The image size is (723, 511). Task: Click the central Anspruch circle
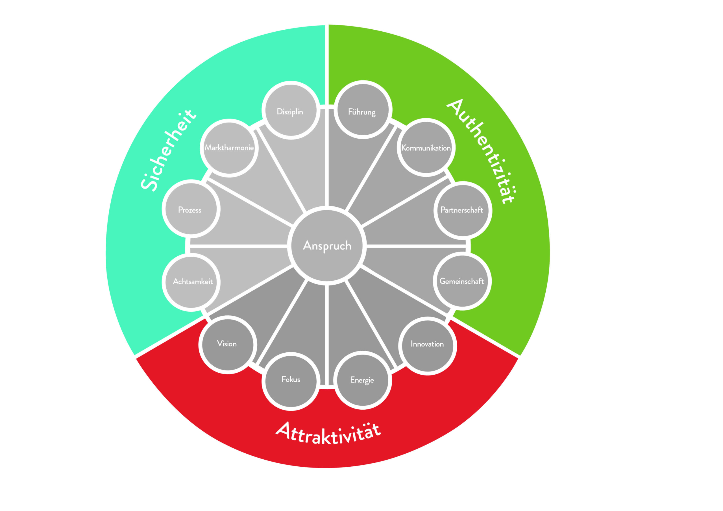[x=327, y=246]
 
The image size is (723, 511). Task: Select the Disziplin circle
[x=291, y=110]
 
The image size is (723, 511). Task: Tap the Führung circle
[x=363, y=110]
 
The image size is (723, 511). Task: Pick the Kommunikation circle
[x=426, y=147]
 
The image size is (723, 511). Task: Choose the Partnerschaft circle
[x=463, y=210]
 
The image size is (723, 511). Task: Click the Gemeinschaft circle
[x=462, y=281]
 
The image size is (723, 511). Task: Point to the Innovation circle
[x=427, y=346]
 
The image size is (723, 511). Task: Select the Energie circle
[x=363, y=380]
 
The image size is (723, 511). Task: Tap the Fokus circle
[x=291, y=381]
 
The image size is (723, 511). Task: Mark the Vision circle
[x=228, y=345]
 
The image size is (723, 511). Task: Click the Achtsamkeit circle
[x=191, y=282]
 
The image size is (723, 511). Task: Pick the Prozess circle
[x=191, y=209]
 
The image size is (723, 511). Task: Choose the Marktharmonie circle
[x=229, y=148]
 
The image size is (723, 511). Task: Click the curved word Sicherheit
[x=169, y=150]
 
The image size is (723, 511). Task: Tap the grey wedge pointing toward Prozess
[x=243, y=220]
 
